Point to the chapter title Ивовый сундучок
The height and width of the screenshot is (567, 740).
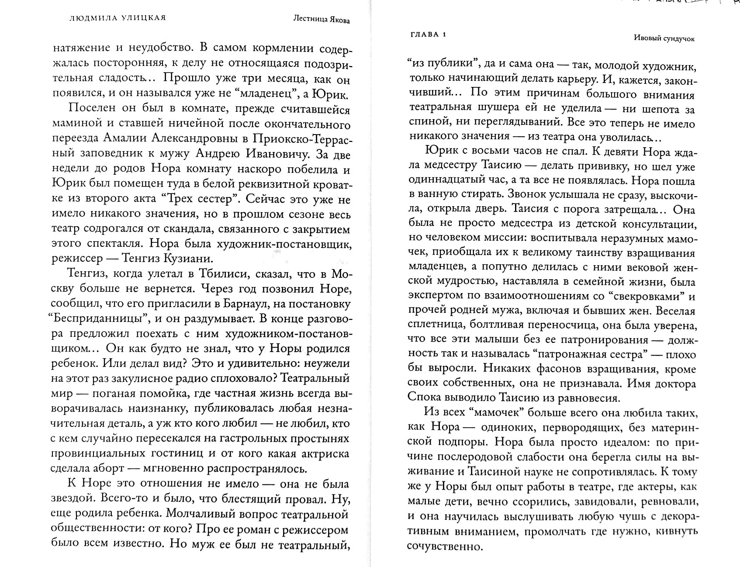664,38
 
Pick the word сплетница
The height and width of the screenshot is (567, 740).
439,325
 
